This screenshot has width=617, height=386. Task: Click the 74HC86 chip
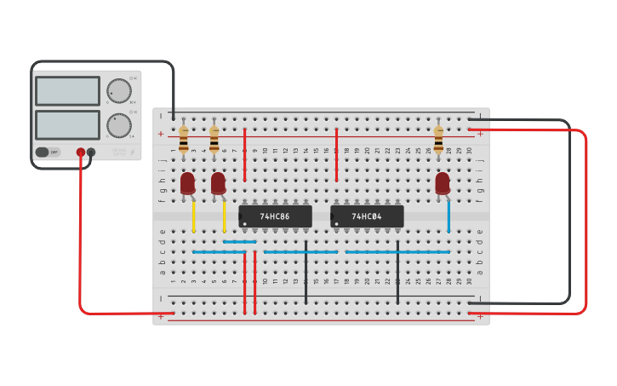point(275,216)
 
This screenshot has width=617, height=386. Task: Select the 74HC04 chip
point(367,216)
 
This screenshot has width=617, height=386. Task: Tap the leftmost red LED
point(187,183)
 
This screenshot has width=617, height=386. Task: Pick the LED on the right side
point(443,183)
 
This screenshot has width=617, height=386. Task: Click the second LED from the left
point(218,183)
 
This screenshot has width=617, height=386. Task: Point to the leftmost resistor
point(184,139)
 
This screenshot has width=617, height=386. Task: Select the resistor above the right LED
point(438,139)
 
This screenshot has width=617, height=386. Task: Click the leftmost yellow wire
point(194,216)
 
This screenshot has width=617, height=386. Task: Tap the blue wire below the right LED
point(448,216)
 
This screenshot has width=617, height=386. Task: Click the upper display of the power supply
point(67,91)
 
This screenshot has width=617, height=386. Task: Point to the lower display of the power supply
point(67,124)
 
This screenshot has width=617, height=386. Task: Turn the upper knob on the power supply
point(118,91)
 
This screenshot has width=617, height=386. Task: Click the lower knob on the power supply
point(118,125)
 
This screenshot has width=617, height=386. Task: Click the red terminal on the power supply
point(81,153)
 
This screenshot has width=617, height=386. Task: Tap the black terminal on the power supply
point(91,153)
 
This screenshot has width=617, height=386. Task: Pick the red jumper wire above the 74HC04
point(337,154)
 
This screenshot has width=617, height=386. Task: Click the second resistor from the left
point(214,139)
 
